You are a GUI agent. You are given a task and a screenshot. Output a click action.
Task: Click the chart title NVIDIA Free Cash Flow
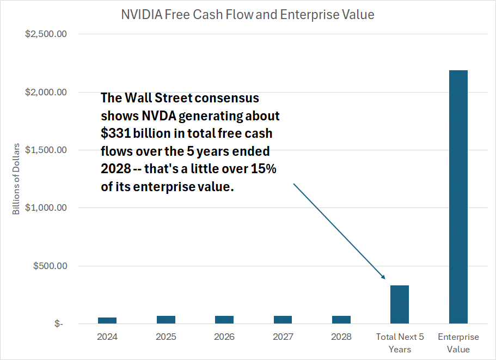point(248,15)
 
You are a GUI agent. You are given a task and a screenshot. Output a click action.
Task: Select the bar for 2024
point(107,320)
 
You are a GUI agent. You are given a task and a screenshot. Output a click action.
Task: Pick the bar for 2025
point(166,320)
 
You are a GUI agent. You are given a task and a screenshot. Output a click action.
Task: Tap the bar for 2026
point(224,320)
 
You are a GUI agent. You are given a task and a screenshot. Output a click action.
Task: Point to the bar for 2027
point(283,320)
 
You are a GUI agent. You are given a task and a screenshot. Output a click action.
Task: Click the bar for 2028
point(341,320)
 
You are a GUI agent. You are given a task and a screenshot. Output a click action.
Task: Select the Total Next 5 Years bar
point(400,304)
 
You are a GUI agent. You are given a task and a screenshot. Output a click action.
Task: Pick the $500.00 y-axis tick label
point(50,266)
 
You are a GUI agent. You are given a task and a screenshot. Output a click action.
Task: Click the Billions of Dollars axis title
point(16,179)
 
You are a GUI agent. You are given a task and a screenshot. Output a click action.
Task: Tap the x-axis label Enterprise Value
point(458,343)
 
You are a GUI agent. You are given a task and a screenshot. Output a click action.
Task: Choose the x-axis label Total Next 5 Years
point(400,343)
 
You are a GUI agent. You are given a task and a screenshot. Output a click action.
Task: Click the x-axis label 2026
point(224,337)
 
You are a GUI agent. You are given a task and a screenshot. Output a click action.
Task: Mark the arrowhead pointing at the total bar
point(383,277)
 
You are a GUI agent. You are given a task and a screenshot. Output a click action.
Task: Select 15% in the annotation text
point(264,169)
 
